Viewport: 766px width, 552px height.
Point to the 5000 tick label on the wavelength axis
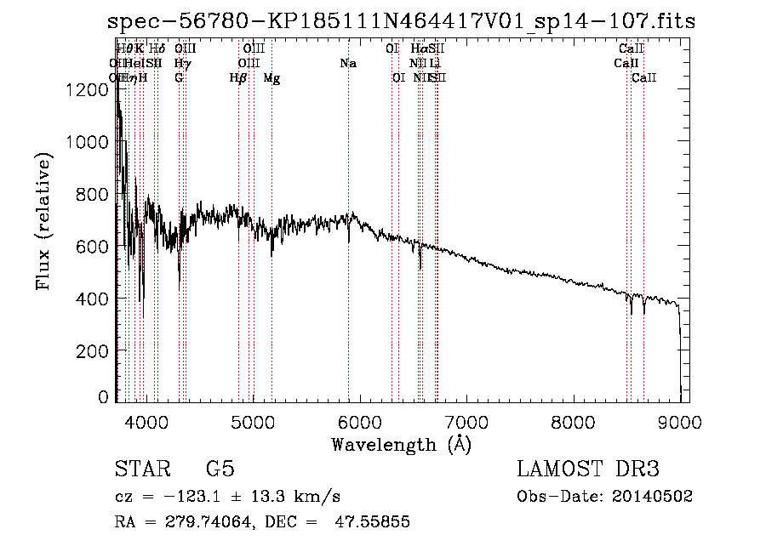coord(252,420)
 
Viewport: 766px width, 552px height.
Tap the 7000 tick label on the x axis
coord(466,420)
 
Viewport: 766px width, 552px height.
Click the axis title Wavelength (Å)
coord(401,444)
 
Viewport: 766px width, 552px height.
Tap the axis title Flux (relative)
coord(43,222)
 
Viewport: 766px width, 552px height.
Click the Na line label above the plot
coord(347,64)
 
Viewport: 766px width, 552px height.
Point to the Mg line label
coord(272,78)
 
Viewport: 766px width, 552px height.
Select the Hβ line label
coord(238,78)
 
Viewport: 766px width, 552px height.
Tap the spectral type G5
coord(220,469)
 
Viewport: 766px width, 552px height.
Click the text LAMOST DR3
coord(588,469)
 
